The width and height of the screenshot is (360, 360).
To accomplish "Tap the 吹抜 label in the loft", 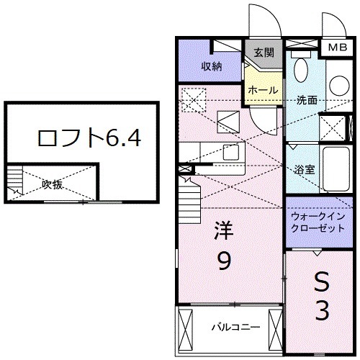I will tap(52, 184).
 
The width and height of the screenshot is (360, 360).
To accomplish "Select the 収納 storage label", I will tap(210, 66).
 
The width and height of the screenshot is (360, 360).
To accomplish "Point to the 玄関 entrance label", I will tap(264, 52).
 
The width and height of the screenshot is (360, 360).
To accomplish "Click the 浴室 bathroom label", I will tap(304, 171).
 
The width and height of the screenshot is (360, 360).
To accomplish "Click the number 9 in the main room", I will tap(225, 262).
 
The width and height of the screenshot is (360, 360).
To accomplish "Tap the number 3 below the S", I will tap(321, 311).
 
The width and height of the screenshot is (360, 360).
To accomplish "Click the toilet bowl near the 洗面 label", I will tap(302, 71).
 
